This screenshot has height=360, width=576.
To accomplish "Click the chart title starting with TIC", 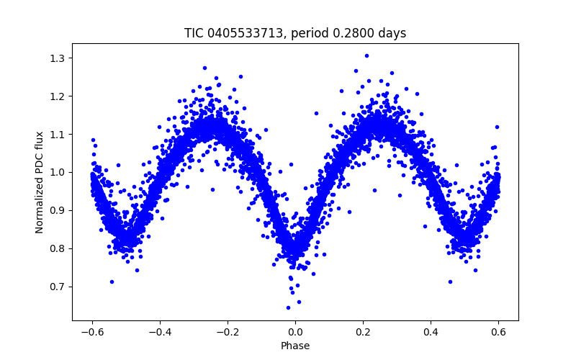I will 295,33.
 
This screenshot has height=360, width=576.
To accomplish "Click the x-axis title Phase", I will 295,346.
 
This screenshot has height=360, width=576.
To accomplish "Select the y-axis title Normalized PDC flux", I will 40,181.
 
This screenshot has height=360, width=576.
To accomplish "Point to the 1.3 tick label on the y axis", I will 58,58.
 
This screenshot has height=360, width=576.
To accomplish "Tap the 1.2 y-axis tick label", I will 58,96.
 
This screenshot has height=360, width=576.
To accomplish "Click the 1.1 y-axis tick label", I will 58,134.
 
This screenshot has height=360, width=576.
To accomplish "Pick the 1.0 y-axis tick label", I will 58,172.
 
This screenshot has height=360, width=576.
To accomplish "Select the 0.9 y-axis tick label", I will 58,210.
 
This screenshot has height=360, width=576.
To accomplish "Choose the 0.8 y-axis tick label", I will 58,248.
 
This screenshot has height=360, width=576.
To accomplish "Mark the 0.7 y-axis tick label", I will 58,287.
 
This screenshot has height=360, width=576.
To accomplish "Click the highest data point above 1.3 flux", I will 366,55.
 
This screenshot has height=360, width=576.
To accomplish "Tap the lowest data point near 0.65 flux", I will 288,307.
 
